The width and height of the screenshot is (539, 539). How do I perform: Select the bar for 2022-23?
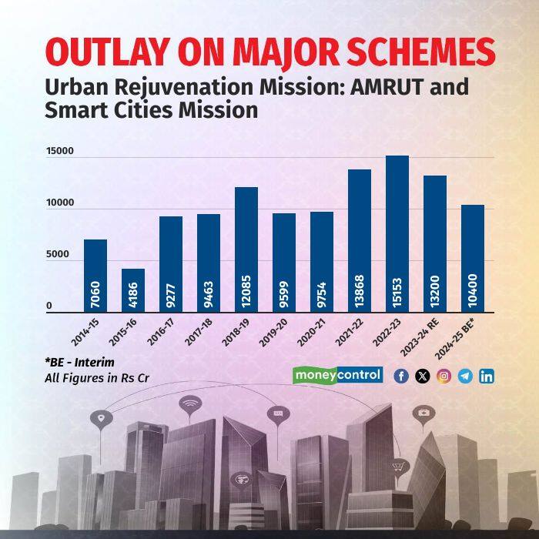pyautogui.click(x=397, y=231)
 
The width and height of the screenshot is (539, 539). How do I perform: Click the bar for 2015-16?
pyautogui.click(x=133, y=289)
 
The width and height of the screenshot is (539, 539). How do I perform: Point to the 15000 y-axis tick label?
pyautogui.click(x=59, y=151)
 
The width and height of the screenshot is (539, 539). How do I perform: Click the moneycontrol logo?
pyautogui.click(x=337, y=375)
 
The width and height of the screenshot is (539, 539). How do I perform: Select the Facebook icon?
pyautogui.click(x=400, y=376)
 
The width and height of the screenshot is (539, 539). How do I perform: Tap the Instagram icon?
pyautogui.click(x=444, y=376)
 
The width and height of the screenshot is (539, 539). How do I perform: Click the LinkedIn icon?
pyautogui.click(x=487, y=376)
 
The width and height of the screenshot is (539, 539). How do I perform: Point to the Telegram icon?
pyautogui.click(x=465, y=376)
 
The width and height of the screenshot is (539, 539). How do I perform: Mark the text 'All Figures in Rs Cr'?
pyautogui.click(x=95, y=379)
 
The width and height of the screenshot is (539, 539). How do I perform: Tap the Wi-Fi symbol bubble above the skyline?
pyautogui.click(x=189, y=403)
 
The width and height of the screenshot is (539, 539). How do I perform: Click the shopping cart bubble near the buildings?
pyautogui.click(x=398, y=466)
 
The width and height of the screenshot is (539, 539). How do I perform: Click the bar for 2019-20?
pyautogui.click(x=284, y=262)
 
